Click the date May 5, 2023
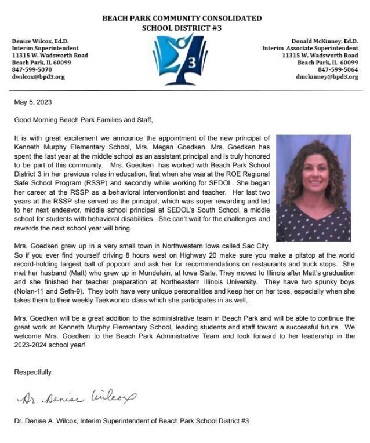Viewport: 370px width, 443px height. (33, 102)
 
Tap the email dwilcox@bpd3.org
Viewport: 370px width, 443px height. (38, 76)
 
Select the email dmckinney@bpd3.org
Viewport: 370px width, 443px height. (327, 76)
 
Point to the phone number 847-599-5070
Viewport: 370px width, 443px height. (32, 69)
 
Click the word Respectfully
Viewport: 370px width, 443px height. (33, 372)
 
